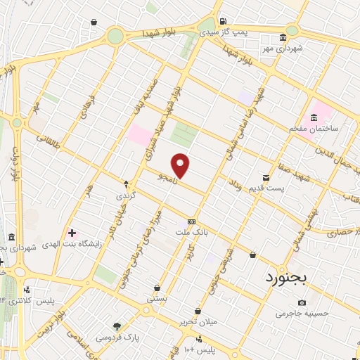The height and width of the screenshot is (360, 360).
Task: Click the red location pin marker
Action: pyautogui.click(x=181, y=165)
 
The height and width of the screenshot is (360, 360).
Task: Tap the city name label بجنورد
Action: pyautogui.click(x=286, y=277)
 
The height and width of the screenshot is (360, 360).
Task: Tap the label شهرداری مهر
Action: pyautogui.click(x=279, y=49)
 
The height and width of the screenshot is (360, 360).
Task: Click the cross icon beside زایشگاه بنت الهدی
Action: pyautogui.click(x=72, y=232)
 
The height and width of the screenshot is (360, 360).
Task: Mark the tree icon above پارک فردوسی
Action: pyautogui.click(x=117, y=326)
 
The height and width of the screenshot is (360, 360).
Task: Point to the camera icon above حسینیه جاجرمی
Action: pyautogui.click(x=302, y=303)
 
